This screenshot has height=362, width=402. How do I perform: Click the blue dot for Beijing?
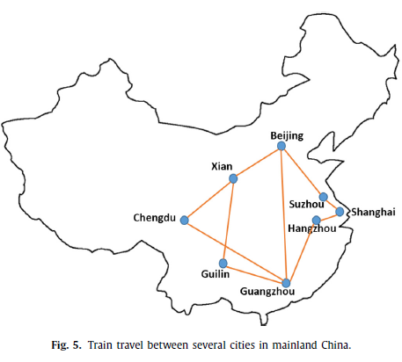coord(281,146)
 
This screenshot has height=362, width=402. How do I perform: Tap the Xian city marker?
coord(233,178)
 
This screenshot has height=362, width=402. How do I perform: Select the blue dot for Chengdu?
coord(184,221)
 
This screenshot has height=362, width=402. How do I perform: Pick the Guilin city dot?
coord(223,264)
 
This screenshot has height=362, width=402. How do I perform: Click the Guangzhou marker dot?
coord(286,283)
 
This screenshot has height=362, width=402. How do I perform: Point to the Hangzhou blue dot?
coord(317,221)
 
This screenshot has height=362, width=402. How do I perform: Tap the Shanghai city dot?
coord(340,212)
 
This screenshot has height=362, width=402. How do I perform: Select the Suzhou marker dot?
coord(323,197)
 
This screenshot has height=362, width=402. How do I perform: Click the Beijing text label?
coord(287,136)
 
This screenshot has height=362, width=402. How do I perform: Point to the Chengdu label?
coord(155,218)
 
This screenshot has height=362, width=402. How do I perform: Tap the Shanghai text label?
coord(374,212)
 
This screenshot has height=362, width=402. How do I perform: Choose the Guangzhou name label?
coord(267,292)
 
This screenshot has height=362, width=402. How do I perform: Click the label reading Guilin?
coord(216,274)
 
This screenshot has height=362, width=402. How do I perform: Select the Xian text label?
coord(222,167)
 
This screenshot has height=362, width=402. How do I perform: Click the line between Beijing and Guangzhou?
coord(283,214)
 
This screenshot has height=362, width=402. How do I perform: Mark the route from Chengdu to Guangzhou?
coord(235,251)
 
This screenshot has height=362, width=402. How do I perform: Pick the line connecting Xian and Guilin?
coord(228,221)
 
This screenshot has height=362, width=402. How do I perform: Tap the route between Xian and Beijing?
coord(257,163)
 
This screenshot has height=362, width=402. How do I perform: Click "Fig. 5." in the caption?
coord(66,345)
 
